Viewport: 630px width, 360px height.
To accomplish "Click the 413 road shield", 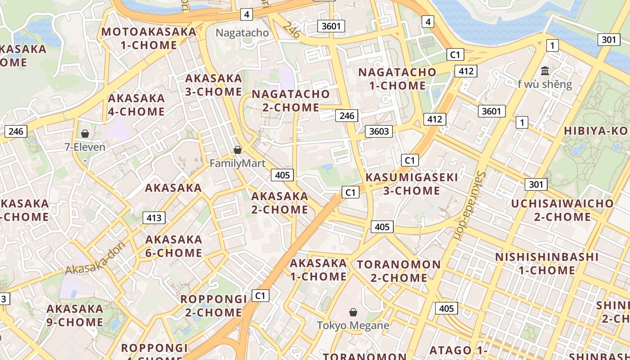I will pos(154,218).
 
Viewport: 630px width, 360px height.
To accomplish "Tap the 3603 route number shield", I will pos(378,131).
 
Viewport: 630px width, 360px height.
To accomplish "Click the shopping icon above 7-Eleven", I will pos(85,134).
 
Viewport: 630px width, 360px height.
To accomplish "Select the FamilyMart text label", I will pos(238,163).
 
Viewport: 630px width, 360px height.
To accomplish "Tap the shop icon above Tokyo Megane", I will pos(353,312).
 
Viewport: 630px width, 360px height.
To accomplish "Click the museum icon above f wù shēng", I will pos(545,71).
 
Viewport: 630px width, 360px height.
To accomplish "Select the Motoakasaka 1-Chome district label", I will pos(149,38).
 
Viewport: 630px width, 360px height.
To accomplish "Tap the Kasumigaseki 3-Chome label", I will pos(411,184).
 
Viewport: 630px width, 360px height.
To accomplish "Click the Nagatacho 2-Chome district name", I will pos(291,101).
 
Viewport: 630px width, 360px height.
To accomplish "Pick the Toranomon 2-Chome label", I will pos(399,271).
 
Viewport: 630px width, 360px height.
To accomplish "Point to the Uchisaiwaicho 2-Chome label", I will pos(562,210).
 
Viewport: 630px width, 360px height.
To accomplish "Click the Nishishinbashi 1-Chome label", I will pos(547,264).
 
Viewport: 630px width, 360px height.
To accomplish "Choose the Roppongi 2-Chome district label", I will pos(214,306).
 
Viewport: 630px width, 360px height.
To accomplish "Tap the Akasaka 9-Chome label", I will pos(75,315).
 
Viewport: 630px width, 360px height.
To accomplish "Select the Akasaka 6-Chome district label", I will pos(174,246).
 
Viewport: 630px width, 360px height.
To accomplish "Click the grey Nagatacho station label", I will pos(242,33).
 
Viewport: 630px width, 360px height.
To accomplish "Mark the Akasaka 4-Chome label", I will pos(136,104).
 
